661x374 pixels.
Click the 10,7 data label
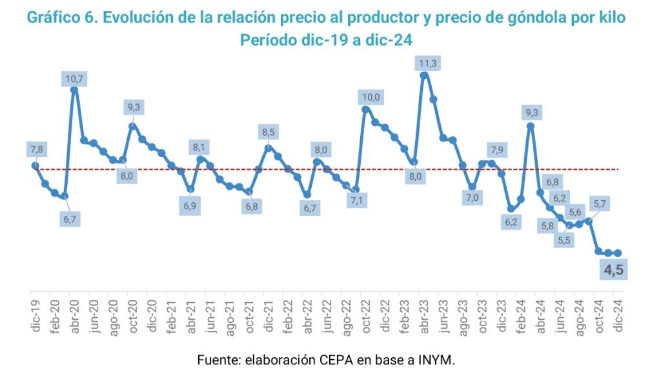(x=74, y=79)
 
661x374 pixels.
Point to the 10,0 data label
(x=371, y=98)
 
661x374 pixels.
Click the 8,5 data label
(x=268, y=133)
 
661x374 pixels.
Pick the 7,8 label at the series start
(x=36, y=150)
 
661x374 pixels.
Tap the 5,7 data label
(x=599, y=204)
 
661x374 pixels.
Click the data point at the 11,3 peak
(x=423, y=75)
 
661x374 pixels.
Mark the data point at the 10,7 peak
(x=74, y=90)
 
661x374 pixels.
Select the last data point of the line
(x=618, y=253)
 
